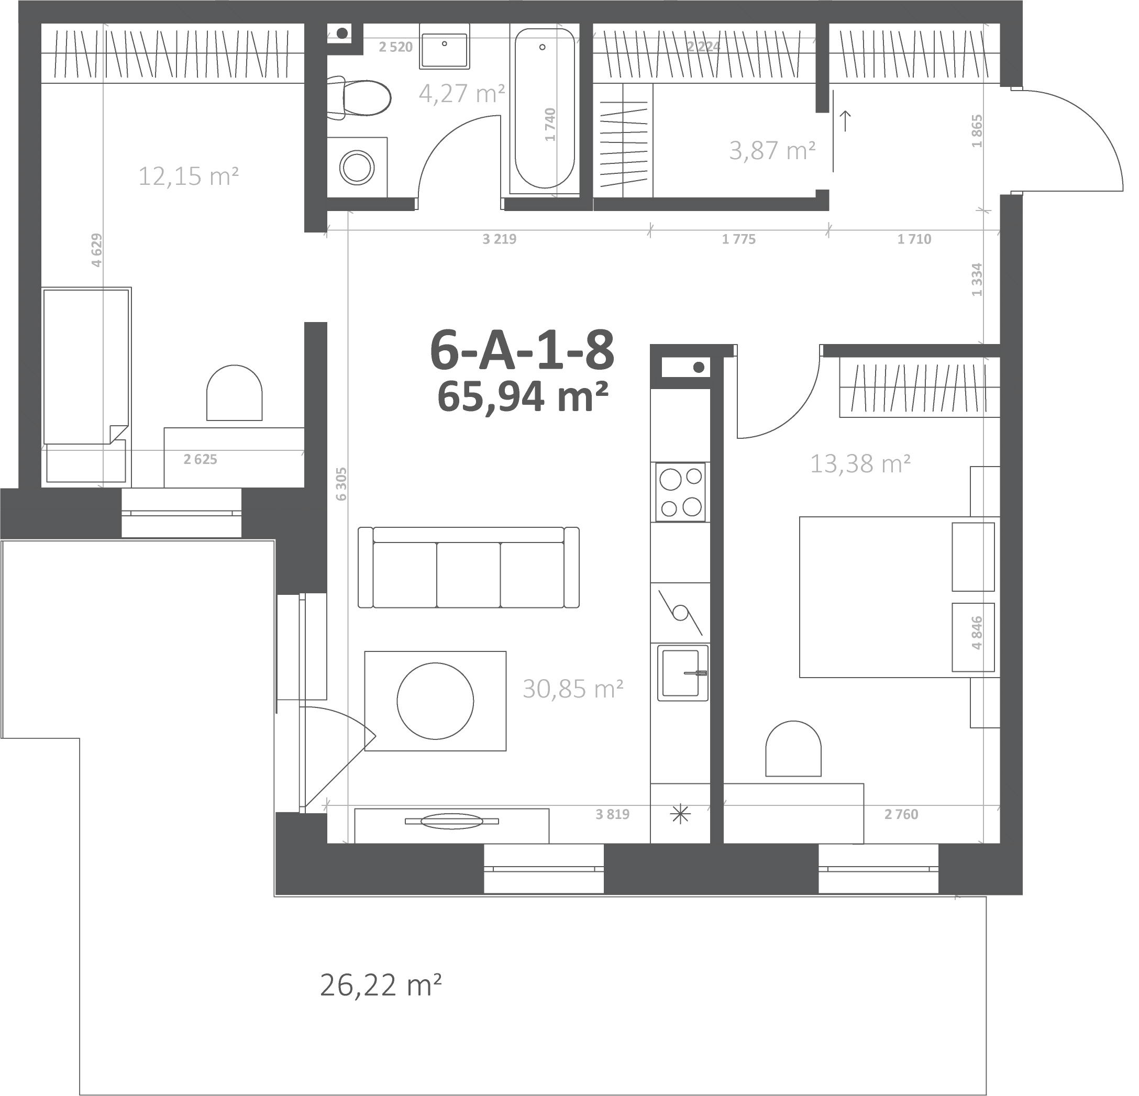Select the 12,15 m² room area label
click(189, 175)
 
